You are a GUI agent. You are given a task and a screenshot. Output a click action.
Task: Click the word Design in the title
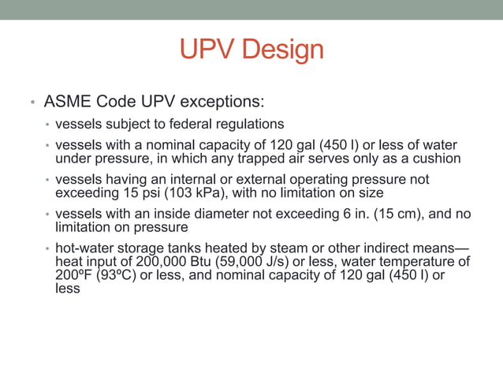pyautogui.click(x=284, y=50)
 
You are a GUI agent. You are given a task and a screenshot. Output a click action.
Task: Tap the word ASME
pyautogui.click(x=67, y=103)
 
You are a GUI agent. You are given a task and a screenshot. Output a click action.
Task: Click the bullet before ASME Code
pyautogui.click(x=32, y=103)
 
